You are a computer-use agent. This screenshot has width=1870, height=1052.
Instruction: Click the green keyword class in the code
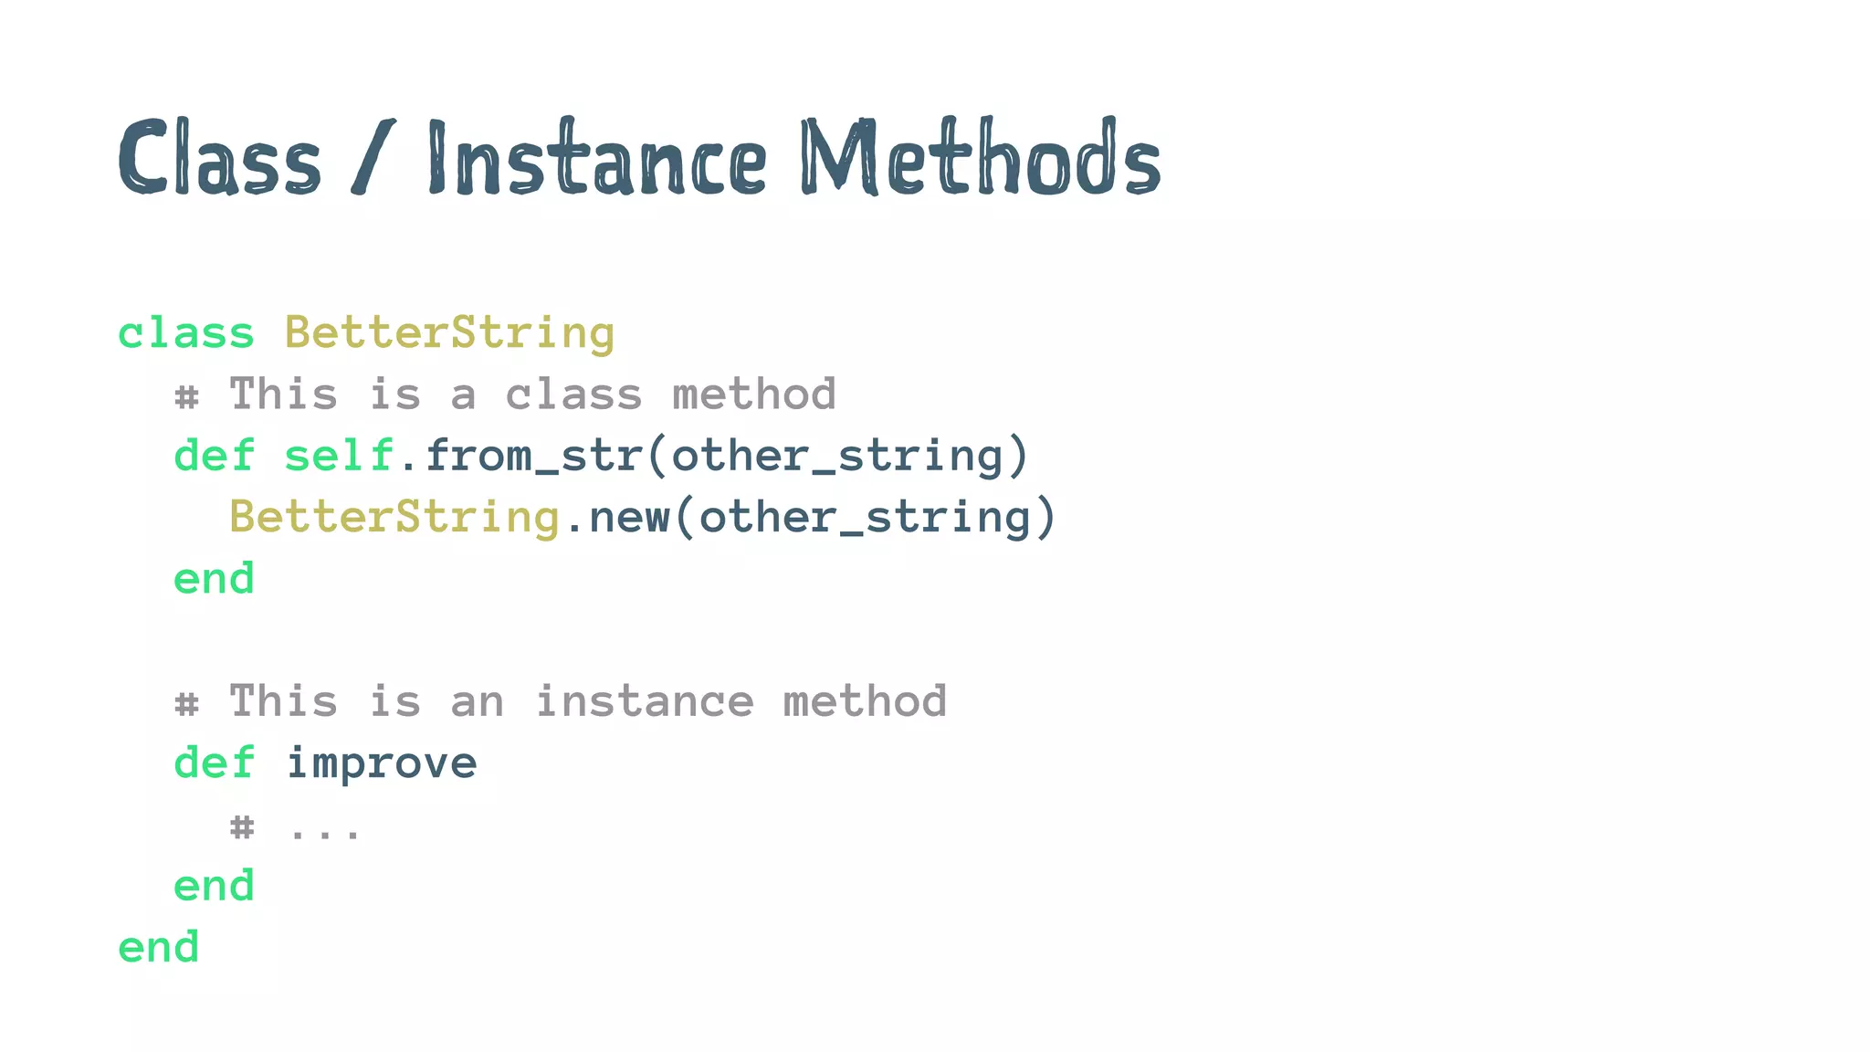point(186,333)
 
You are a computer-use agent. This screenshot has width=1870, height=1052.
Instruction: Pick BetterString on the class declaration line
point(449,333)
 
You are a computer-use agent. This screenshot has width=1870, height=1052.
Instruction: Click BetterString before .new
point(394,518)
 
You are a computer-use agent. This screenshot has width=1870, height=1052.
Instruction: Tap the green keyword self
point(339,456)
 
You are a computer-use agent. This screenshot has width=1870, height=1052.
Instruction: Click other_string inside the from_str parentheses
point(837,456)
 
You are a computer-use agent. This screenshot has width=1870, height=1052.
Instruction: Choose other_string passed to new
point(865,518)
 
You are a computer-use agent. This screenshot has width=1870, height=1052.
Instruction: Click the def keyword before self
point(214,456)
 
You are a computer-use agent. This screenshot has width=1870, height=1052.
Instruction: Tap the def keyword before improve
point(214,763)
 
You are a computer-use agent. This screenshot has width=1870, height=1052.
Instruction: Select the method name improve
point(381,763)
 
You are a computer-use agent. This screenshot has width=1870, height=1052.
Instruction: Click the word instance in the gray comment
point(645,702)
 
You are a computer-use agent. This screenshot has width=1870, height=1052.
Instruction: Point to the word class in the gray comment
point(573,394)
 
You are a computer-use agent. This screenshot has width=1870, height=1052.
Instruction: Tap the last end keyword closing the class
point(159,947)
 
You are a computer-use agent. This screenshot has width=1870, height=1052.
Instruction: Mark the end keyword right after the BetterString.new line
point(214,579)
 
